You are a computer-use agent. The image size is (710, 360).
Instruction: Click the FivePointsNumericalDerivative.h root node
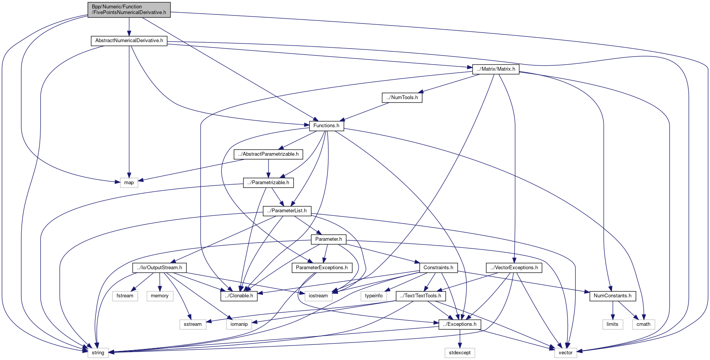[x=129, y=9]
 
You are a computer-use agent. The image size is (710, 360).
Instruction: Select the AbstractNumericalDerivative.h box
[x=129, y=41]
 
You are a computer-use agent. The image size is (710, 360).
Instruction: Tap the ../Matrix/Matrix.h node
[x=496, y=69]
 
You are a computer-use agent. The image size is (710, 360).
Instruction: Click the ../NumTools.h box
[x=402, y=98]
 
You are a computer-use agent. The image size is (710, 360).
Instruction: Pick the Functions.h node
[x=326, y=126]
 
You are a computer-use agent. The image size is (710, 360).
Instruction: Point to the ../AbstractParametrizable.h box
[x=268, y=154]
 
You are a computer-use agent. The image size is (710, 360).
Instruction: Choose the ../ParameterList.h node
[x=287, y=211]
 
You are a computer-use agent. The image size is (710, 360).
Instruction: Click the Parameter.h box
[x=328, y=239]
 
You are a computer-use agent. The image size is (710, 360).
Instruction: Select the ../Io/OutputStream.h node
[x=160, y=268]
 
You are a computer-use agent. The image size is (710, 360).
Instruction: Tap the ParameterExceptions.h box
[x=321, y=268]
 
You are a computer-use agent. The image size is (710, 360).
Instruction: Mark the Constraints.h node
[x=438, y=268]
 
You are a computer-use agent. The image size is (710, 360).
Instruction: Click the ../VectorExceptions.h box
[x=514, y=268]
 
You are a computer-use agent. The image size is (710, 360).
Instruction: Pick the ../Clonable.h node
[x=239, y=296]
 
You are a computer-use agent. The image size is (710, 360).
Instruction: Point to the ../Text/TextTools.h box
[x=421, y=296]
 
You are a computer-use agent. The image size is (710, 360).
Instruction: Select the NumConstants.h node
[x=612, y=296]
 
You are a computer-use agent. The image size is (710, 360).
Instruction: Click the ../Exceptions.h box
[x=460, y=324]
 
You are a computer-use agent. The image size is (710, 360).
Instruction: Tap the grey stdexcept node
[x=460, y=353]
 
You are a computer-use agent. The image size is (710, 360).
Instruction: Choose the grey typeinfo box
[x=374, y=296]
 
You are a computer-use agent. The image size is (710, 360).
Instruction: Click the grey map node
[x=129, y=183]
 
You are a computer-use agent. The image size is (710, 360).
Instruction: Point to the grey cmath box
[x=644, y=324]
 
